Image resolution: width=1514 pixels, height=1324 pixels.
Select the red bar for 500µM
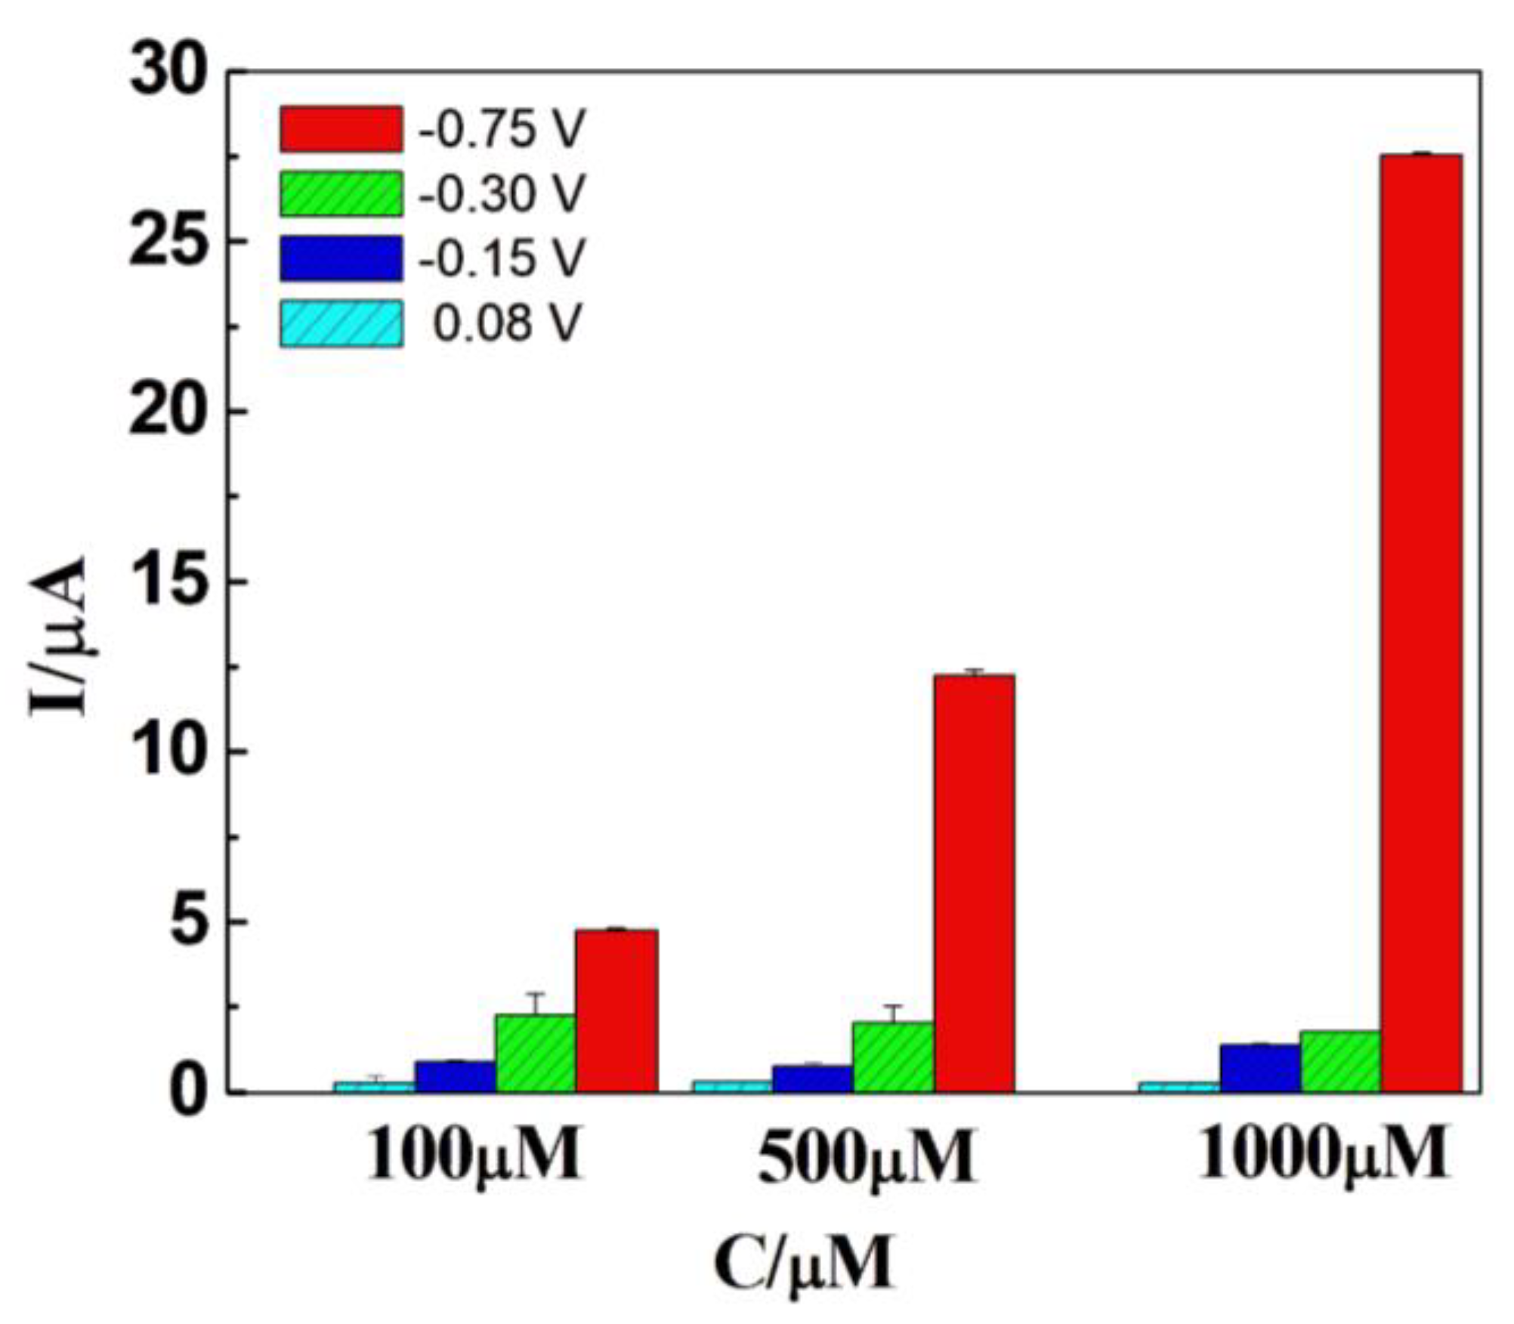click(x=974, y=883)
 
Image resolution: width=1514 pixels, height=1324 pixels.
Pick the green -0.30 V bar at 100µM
click(x=536, y=1053)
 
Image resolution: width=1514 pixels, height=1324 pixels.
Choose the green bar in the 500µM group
click(x=893, y=1057)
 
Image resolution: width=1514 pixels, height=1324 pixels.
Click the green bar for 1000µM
click(x=1341, y=1061)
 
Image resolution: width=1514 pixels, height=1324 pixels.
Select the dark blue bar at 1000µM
click(x=1260, y=1068)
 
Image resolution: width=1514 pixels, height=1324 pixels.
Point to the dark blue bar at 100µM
click(x=455, y=1076)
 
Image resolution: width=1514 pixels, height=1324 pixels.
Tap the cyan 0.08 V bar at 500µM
click(x=732, y=1086)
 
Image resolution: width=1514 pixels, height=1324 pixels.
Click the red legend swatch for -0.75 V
click(x=341, y=129)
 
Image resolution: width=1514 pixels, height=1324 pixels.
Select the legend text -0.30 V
click(x=502, y=194)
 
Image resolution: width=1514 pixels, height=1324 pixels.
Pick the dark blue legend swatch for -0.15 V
click(x=341, y=258)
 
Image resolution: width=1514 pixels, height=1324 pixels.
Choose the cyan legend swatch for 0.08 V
click(x=341, y=324)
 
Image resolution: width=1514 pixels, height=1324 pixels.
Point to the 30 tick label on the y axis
click(x=168, y=73)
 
